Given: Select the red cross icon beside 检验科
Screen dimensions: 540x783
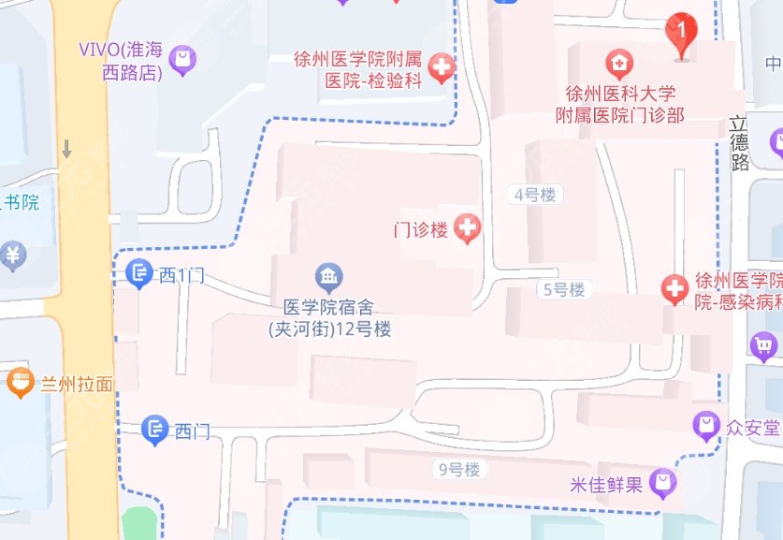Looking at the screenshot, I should click(441, 66).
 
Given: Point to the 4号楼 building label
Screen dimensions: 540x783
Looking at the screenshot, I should click(535, 195).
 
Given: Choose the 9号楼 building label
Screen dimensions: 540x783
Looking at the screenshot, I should click(458, 469).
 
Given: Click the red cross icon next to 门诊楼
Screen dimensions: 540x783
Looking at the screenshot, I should click(467, 227).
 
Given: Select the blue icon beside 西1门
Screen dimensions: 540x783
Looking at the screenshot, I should click(139, 273).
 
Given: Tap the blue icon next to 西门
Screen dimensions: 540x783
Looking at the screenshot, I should click(154, 431).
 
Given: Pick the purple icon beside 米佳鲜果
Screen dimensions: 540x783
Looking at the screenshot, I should click(663, 484).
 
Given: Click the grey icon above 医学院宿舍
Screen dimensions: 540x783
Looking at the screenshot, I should click(329, 277).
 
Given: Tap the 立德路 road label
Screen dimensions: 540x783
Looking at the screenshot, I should click(740, 142).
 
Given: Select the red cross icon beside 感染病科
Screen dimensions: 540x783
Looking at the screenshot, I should click(674, 289).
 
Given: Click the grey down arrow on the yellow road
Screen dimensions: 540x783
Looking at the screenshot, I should click(67, 149).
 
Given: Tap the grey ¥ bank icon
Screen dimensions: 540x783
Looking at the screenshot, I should click(12, 254).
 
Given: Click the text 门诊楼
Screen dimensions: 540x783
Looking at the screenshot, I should click(420, 229).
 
